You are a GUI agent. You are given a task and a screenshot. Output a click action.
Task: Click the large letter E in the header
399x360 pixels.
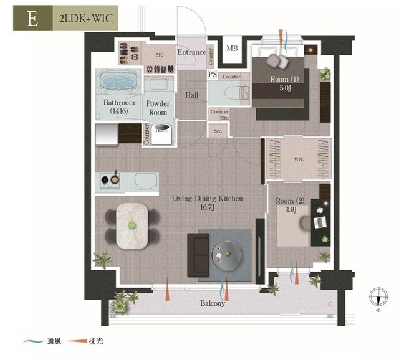point(32,19)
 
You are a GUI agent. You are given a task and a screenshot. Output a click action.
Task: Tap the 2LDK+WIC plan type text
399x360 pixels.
point(86,19)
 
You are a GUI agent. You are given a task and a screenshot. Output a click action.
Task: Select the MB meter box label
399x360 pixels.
point(232,48)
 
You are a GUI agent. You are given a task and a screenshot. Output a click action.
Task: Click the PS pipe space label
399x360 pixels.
point(213,75)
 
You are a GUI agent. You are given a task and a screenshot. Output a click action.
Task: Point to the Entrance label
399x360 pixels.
point(191,52)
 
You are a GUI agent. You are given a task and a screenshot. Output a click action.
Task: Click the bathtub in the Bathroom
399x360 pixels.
point(119,82)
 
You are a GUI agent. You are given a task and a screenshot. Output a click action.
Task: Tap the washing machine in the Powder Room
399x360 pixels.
point(161,134)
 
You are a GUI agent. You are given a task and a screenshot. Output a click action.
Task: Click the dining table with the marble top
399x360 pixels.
point(132,225)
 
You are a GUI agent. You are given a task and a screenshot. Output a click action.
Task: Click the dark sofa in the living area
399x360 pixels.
point(198,255)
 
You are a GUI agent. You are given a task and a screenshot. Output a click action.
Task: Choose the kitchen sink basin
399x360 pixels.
point(145,181)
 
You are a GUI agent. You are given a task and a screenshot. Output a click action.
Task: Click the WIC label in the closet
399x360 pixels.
point(299,159)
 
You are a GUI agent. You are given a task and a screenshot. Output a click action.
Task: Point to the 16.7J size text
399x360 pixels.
point(208,207)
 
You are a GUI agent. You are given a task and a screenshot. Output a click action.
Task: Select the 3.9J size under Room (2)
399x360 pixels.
point(290,210)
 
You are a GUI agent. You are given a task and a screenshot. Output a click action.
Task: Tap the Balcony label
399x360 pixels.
point(213,303)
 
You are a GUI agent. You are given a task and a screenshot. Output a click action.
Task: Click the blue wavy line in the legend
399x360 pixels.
point(33,341)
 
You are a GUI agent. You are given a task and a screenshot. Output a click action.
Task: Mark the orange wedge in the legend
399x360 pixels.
point(77,341)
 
